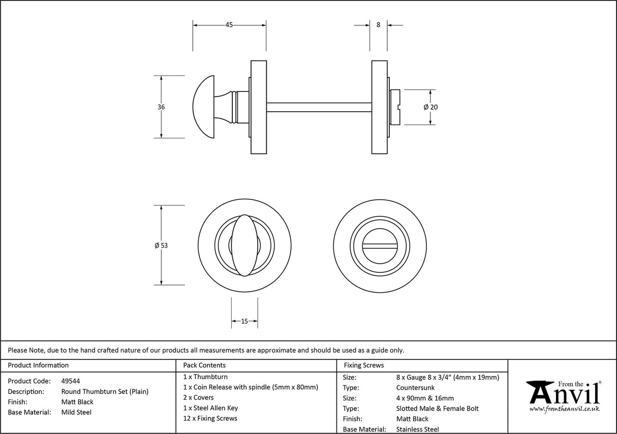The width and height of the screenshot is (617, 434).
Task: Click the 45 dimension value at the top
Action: point(229,25)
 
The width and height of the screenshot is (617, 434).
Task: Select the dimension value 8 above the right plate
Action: point(378,25)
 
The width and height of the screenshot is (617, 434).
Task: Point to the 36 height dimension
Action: point(161,107)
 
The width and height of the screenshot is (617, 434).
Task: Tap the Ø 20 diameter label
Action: point(430,107)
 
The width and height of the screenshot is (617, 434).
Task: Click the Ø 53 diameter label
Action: point(161,245)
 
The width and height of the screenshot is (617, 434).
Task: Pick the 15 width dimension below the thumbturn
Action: point(244,321)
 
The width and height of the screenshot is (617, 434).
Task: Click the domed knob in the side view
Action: point(206,107)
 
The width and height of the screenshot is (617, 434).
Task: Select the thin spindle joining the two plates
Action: point(319,107)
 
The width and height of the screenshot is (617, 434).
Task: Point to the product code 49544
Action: point(70,381)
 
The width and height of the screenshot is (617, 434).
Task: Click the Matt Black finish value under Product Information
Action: point(77,402)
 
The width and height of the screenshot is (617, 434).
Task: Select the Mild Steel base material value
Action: point(76,412)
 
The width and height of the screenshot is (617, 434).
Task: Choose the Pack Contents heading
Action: point(204,365)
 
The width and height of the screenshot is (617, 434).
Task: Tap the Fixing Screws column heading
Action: point(364,365)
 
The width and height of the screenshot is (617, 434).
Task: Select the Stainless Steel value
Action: point(418,429)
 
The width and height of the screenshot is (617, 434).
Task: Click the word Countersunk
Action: point(415,388)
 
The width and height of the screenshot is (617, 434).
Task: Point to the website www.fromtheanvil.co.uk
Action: point(564,409)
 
